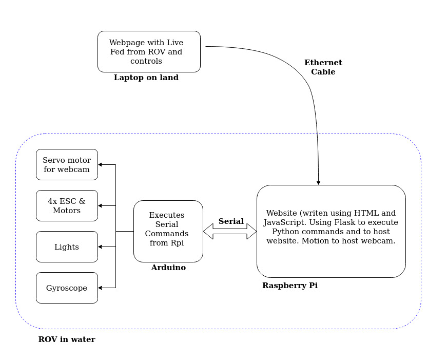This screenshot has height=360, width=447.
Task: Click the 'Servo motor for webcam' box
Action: point(67,165)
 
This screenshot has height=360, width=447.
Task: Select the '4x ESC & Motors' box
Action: point(67,206)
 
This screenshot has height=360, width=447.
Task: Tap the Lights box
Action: point(67,247)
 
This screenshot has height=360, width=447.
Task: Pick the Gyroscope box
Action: point(67,288)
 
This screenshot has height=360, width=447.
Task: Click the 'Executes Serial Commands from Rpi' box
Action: point(168,231)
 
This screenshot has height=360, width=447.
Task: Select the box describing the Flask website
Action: point(331,231)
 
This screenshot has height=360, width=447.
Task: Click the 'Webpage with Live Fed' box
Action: point(149,51)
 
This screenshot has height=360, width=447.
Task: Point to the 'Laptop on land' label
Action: point(146,78)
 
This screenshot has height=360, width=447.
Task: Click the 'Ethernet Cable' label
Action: point(323,67)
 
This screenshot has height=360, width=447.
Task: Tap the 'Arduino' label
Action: point(168,268)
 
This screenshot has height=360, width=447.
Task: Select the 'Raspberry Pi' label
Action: point(290,286)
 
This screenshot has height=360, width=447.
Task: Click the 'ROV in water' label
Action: point(67,339)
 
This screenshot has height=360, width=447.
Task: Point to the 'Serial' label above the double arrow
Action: point(231,221)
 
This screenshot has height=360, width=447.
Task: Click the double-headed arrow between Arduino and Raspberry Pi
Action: point(230,232)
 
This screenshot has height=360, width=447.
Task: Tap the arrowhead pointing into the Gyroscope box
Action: point(101,288)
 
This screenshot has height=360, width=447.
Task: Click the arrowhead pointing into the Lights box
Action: point(101,247)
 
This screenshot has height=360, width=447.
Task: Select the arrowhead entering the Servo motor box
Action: point(101,165)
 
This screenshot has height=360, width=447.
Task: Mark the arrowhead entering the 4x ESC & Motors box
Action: point(101,206)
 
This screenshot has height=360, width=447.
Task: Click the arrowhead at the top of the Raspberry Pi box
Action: point(319,182)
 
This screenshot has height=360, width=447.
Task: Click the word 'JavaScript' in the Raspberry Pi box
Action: point(282,222)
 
